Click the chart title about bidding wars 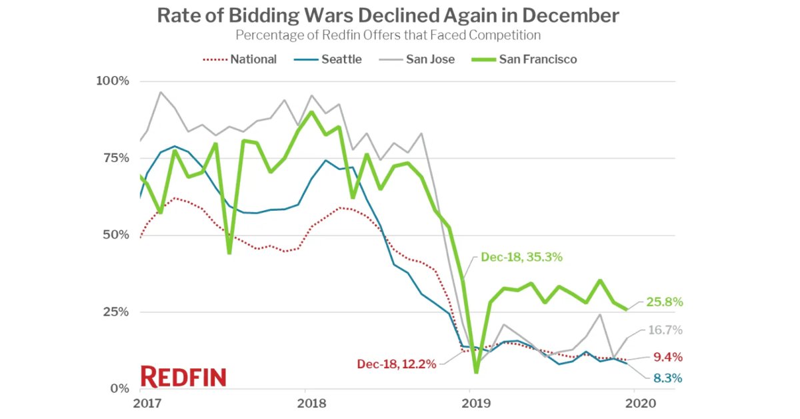388,15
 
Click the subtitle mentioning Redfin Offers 388,35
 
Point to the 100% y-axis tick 113,81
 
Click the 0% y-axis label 119,388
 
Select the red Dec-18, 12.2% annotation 396,364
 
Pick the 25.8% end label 664,302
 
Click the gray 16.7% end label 664,331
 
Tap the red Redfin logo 183,377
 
